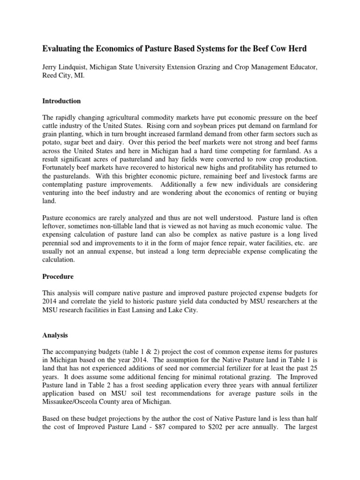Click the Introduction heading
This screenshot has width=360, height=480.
tap(62, 101)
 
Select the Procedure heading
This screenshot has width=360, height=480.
tap(58, 277)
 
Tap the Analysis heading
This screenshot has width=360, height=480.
tap(55, 336)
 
